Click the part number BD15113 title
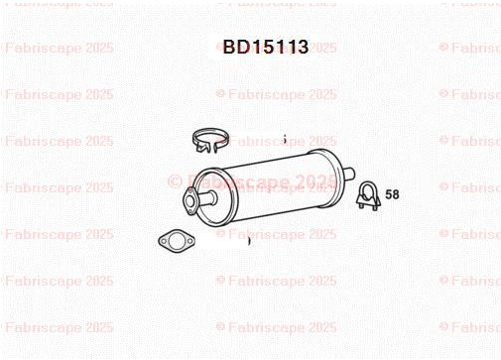click(266, 47)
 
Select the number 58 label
click(392, 194)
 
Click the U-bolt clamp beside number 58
click(368, 195)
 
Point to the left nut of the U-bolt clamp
click(361, 206)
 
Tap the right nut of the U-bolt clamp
click(375, 207)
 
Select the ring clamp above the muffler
click(210, 141)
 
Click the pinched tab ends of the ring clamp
click(207, 148)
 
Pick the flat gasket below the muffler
click(176, 240)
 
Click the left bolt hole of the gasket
click(163, 241)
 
